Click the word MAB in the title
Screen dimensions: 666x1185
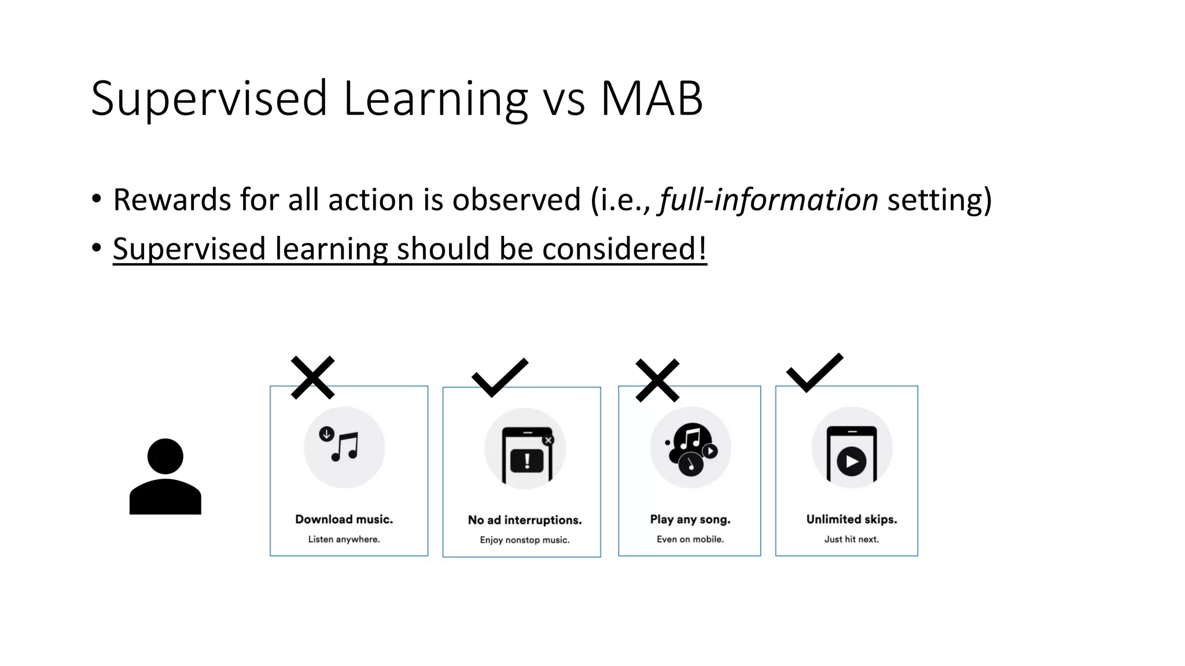[x=652, y=98]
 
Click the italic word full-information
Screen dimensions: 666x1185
[x=768, y=200]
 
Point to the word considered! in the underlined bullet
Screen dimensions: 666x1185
[x=624, y=249]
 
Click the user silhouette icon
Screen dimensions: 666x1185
[x=165, y=476]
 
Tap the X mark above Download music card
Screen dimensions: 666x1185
[x=312, y=378]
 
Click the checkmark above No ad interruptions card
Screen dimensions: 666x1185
[x=499, y=377]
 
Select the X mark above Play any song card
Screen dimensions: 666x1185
[x=657, y=380]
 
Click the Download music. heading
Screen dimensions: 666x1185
[x=344, y=519]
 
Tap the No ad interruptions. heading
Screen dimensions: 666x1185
[x=525, y=520]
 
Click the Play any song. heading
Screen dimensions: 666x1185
[x=690, y=519]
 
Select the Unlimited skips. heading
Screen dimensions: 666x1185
[x=852, y=519]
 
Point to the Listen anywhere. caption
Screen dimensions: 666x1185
[x=344, y=539]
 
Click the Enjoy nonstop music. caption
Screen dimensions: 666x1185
[x=525, y=540]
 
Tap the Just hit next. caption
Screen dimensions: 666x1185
[x=852, y=539]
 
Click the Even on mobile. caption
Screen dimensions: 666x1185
[x=690, y=539]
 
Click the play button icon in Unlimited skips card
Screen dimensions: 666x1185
[x=852, y=461]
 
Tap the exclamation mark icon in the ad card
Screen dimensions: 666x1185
[x=527, y=461]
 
